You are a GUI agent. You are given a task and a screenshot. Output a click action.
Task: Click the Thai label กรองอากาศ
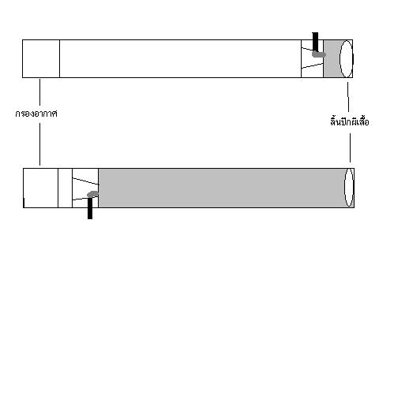click(36, 114)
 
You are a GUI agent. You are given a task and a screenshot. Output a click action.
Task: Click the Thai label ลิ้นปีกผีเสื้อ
click(350, 121)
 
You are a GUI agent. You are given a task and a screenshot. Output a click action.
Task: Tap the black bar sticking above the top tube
click(315, 42)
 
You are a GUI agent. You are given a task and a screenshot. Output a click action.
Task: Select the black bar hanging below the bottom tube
click(90, 208)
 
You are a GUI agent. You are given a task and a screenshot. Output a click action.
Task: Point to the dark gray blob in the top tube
click(319, 54)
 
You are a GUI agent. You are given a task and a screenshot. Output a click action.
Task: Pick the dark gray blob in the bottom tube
click(92, 194)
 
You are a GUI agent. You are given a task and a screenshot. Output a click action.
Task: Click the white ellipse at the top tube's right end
click(346, 59)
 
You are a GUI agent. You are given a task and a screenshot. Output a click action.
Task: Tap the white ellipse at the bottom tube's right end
click(349, 188)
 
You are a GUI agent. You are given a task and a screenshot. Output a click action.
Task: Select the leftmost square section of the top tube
click(41, 58)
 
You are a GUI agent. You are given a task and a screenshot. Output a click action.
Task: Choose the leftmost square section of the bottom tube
click(40, 188)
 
